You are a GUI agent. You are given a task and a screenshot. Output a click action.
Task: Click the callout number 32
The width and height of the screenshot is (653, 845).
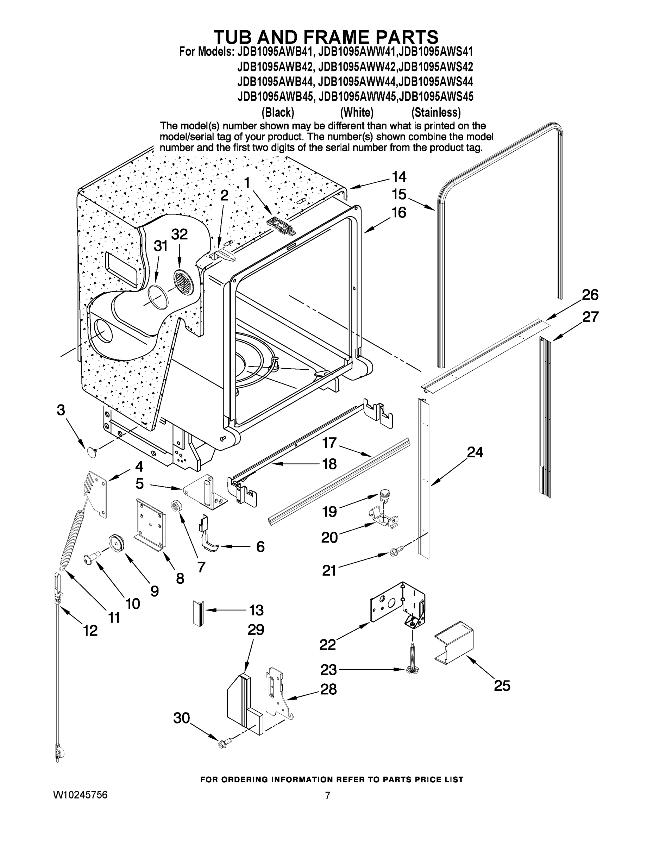point(180,234)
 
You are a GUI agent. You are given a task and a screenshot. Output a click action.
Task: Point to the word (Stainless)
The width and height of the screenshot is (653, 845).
point(436,113)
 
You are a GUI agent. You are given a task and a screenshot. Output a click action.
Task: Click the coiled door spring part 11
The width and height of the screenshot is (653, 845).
point(73,540)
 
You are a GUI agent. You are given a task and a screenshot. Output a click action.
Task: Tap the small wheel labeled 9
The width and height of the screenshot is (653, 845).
point(115,542)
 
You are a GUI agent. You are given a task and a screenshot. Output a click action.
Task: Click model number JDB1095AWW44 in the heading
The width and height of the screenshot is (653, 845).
point(357,82)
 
